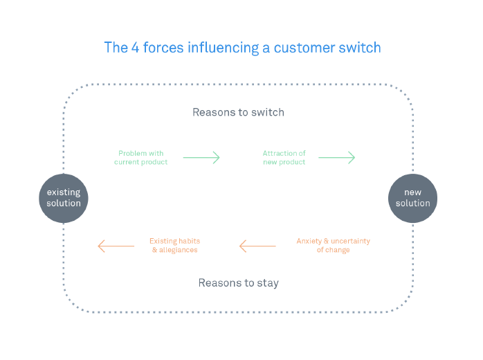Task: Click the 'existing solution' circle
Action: pyautogui.click(x=64, y=197)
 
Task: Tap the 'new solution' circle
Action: pyautogui.click(x=412, y=197)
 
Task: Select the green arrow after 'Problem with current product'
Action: pyautogui.click(x=201, y=157)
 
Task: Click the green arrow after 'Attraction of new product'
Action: pyautogui.click(x=336, y=157)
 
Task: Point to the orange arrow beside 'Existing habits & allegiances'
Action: pyautogui.click(x=116, y=245)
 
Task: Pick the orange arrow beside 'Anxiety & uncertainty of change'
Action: pyautogui.click(x=257, y=245)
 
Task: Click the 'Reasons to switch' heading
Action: pyautogui.click(x=238, y=112)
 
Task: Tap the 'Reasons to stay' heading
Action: pyautogui.click(x=238, y=282)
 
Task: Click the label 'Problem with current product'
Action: pyautogui.click(x=140, y=157)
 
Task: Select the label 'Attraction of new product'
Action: pyautogui.click(x=284, y=157)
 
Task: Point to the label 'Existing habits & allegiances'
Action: pyautogui.click(x=174, y=245)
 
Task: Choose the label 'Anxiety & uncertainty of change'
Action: pyautogui.click(x=333, y=245)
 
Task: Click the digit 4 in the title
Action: pyautogui.click(x=134, y=48)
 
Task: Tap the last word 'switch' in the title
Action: pyautogui.click(x=361, y=48)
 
